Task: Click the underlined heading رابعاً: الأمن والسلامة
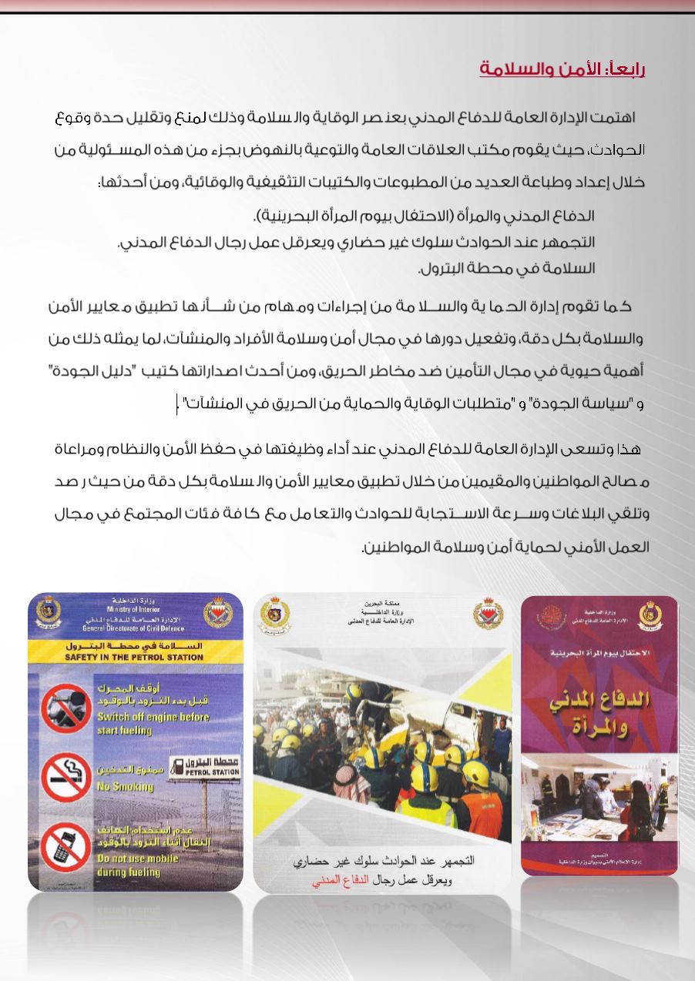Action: [562, 69]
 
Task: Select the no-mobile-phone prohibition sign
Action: [65, 845]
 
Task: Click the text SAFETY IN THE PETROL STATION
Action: [135, 658]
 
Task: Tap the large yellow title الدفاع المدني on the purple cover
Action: [599, 701]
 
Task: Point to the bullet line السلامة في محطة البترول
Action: [506, 270]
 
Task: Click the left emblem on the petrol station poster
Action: [48, 612]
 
